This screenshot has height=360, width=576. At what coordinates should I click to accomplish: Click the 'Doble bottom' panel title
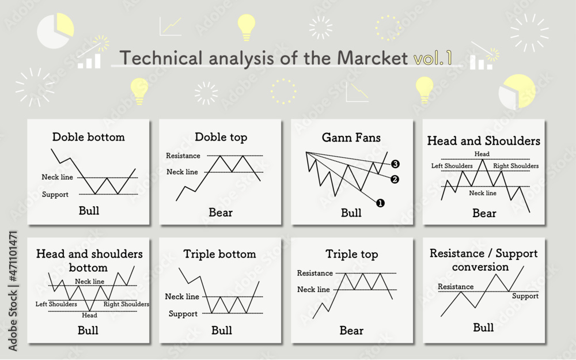[88, 137]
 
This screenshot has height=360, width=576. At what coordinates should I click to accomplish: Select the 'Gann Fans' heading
[351, 138]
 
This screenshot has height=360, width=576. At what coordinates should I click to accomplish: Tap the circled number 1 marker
[380, 202]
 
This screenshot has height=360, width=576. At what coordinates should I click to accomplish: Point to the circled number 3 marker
[395, 164]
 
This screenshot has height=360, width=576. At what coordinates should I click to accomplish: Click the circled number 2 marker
[395, 179]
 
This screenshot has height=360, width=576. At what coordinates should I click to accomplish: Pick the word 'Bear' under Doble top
[221, 213]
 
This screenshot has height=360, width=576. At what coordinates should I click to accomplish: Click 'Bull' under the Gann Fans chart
[351, 213]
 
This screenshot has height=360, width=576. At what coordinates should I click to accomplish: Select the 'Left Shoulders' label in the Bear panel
[452, 166]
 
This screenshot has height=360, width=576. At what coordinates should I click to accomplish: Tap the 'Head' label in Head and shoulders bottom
[89, 315]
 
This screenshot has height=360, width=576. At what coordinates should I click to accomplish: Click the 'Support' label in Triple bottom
[183, 314]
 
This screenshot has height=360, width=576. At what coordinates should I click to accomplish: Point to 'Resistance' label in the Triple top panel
[314, 273]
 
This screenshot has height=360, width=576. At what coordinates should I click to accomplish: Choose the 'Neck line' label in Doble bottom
[58, 177]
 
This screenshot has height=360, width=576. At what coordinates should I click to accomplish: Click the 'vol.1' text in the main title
[433, 58]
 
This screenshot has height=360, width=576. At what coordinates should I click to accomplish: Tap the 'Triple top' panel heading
[351, 254]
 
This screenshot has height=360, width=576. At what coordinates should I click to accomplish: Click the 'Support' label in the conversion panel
[525, 296]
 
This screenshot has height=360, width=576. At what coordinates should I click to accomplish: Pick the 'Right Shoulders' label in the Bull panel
[126, 304]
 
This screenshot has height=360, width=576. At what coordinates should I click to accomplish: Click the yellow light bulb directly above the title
[246, 26]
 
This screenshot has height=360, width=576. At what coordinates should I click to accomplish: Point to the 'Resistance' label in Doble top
[183, 156]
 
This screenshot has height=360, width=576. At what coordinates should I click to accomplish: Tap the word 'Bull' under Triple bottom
[222, 330]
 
